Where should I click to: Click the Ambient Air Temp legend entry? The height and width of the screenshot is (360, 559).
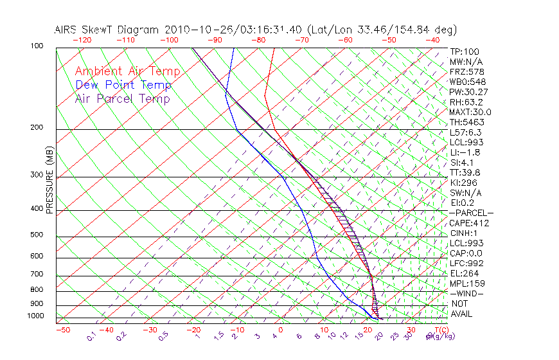(127, 71)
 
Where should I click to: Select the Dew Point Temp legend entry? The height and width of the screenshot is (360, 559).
(123, 85)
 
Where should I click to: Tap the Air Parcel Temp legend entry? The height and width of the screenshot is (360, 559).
(122, 98)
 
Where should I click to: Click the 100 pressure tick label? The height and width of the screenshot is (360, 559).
(37, 46)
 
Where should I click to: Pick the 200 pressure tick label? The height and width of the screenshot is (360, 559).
(37, 128)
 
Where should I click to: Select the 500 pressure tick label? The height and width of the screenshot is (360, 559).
(37, 235)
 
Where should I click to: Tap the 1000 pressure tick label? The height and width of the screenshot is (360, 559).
(35, 316)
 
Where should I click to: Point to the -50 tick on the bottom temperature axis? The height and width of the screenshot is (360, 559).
(62, 330)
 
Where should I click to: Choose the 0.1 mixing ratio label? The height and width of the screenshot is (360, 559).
(91, 336)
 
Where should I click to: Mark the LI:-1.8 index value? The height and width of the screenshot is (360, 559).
(466, 152)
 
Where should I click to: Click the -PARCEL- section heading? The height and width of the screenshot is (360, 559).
(471, 213)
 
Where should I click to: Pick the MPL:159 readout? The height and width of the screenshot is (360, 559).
(467, 283)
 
